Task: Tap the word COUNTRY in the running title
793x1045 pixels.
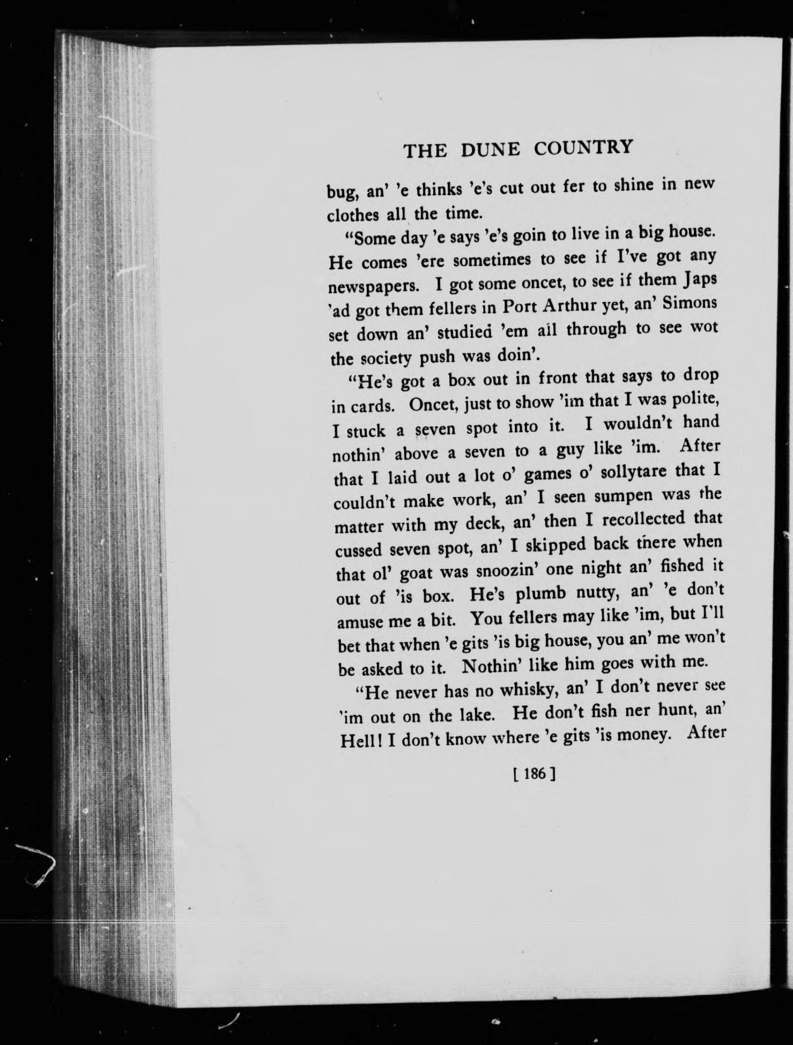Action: coord(583,147)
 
